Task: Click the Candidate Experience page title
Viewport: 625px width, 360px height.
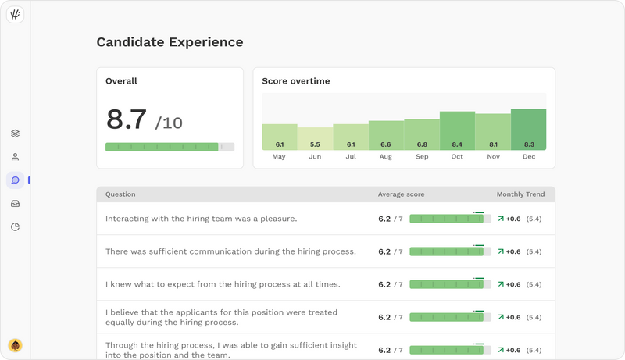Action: (x=170, y=42)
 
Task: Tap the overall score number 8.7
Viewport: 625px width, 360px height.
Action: (x=127, y=119)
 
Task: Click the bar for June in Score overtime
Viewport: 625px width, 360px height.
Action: (x=315, y=138)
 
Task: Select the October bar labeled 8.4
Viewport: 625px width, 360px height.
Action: (x=457, y=130)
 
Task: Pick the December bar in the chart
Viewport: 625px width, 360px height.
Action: (x=528, y=129)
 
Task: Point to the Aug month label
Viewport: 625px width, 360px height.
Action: (x=386, y=157)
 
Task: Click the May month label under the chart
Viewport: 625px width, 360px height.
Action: (x=279, y=157)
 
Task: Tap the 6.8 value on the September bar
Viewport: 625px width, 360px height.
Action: (x=422, y=144)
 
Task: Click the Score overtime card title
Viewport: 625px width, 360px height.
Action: (x=296, y=81)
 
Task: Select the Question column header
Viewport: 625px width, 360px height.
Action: (x=120, y=194)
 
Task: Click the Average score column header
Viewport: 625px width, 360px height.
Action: (x=401, y=194)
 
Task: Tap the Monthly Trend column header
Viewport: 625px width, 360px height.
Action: (x=520, y=194)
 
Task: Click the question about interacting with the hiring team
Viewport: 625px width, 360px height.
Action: (x=201, y=219)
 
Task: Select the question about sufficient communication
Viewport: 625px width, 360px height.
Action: (x=230, y=251)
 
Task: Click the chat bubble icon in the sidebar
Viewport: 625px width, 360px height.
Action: (x=15, y=180)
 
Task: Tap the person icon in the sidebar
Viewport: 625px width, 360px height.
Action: (x=15, y=157)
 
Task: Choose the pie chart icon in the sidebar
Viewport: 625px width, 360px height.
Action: (x=15, y=227)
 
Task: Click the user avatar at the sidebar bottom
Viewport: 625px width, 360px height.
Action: (x=15, y=345)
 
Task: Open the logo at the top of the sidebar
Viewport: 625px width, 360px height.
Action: (x=15, y=15)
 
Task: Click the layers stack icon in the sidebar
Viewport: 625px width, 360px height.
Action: (x=15, y=134)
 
